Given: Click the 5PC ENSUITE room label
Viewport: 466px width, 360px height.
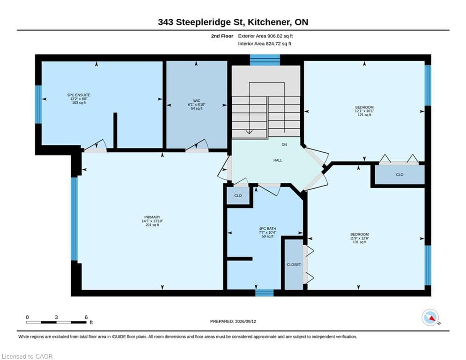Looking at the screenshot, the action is point(79,95).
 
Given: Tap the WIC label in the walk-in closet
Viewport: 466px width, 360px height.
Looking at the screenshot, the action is point(196,101).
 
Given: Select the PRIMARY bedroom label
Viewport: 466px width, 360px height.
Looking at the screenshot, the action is point(152,217).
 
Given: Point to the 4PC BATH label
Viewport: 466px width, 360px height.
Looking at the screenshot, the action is point(267,228).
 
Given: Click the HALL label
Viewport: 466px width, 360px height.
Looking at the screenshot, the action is point(278,160).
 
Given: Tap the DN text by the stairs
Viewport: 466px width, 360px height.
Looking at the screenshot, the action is point(284,144).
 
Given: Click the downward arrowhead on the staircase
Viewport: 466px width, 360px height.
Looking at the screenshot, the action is point(249,132).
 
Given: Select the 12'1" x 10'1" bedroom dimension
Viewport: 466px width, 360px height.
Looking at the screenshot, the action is point(364,111).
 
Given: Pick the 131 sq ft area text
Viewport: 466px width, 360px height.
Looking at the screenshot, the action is point(359,242).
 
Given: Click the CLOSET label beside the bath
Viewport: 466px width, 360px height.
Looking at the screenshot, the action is point(294,265).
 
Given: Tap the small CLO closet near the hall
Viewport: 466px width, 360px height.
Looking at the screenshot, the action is point(238,196).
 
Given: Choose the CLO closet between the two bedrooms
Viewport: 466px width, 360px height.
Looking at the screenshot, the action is point(399,175).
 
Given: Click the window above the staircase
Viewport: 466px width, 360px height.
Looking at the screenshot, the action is point(265,60).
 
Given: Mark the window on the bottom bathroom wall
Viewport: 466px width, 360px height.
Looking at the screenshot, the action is point(265,293).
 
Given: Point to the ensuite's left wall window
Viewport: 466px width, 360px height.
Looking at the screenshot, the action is point(38,105).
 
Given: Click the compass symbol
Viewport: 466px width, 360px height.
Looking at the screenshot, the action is point(430,317).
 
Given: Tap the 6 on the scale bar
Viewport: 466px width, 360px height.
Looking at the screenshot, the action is point(86,317).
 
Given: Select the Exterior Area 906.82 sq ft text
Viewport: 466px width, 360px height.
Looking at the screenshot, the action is point(266,36).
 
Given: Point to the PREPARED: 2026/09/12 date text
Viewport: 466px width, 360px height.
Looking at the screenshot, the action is point(233,321).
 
